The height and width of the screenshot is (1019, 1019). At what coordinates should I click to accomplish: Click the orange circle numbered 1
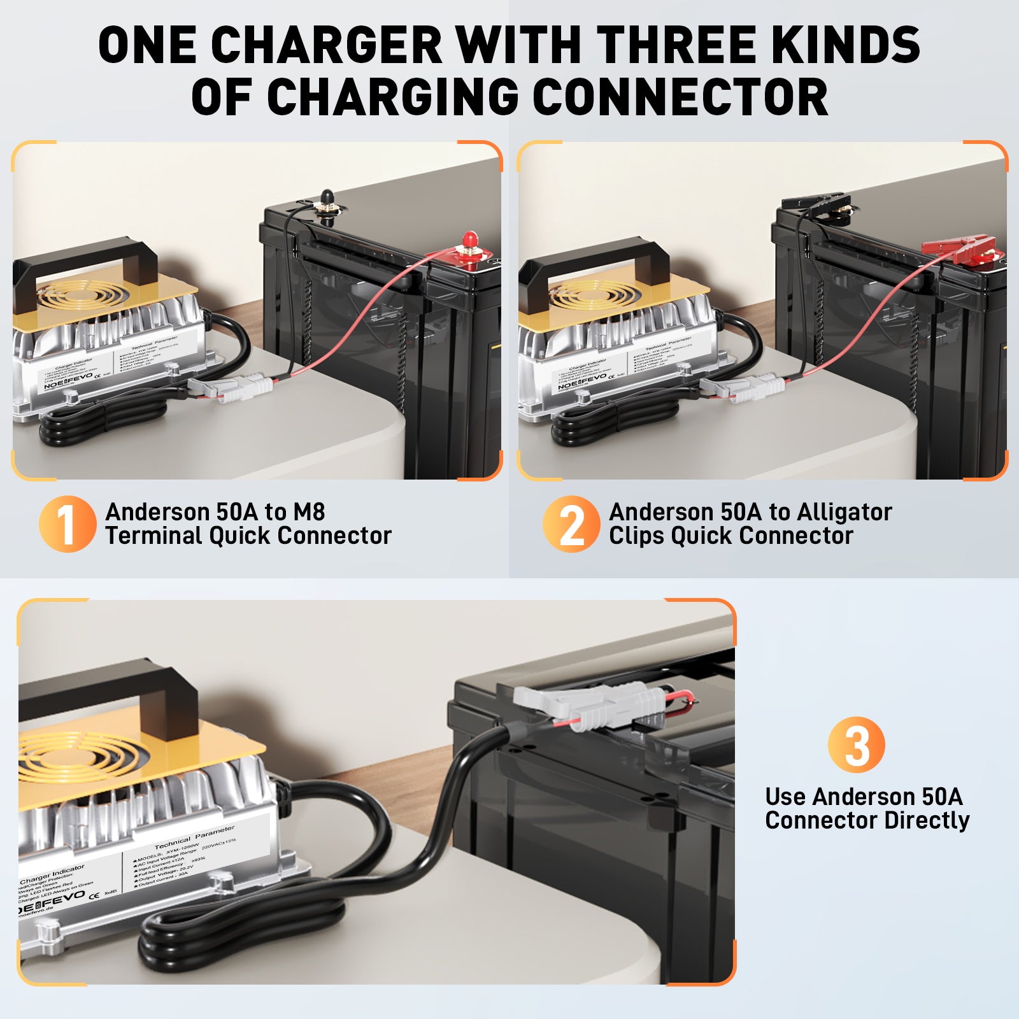click(67, 524)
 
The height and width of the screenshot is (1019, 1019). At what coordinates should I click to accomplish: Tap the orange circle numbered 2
click(571, 524)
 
